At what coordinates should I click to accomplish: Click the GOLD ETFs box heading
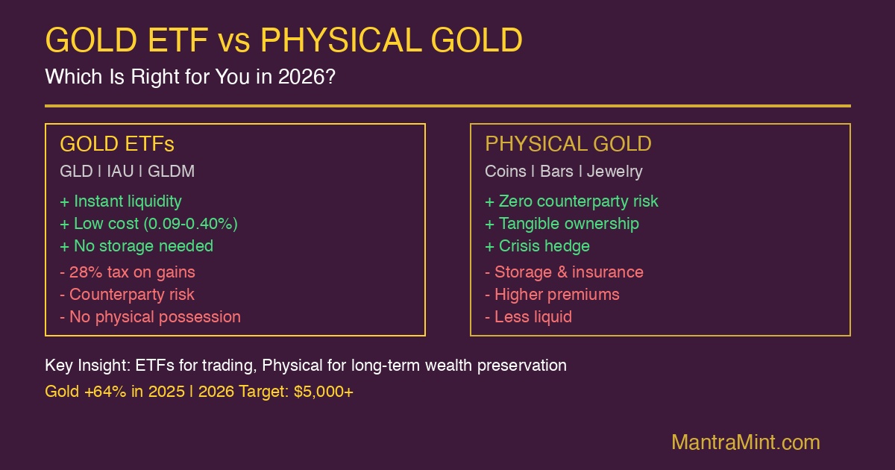(x=117, y=144)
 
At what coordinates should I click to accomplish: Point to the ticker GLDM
(x=171, y=171)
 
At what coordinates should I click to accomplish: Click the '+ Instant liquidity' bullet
(x=121, y=201)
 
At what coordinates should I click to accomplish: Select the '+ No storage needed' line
(x=136, y=245)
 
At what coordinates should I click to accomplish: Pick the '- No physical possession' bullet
(x=150, y=316)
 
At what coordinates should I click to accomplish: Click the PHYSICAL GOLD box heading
(x=568, y=144)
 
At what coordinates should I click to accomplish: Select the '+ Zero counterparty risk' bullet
(x=571, y=201)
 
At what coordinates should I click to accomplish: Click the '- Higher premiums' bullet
(x=552, y=294)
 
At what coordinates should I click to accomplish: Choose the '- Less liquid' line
(x=528, y=316)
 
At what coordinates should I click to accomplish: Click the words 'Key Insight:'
(x=87, y=366)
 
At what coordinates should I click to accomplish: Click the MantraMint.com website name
(x=745, y=442)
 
